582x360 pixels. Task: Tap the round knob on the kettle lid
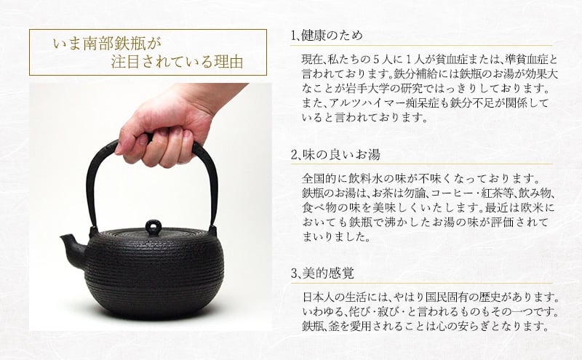click(154, 227)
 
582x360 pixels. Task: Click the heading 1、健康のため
click(327, 36)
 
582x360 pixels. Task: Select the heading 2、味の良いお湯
click(335, 154)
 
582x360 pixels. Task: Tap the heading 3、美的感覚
click(322, 273)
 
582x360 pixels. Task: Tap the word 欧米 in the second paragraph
click(533, 208)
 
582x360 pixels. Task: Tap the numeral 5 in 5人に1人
click(376, 60)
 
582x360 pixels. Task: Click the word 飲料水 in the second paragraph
click(367, 179)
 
